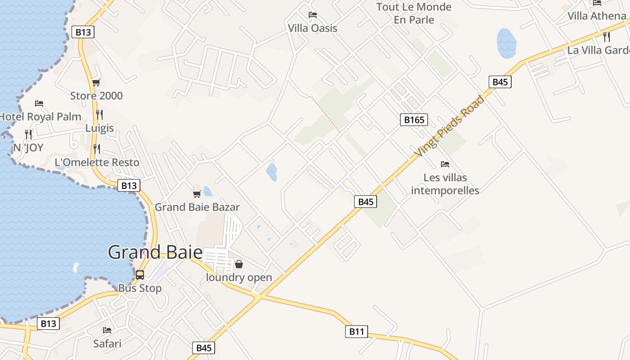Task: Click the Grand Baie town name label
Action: [155, 252]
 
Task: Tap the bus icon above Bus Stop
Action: [140, 274]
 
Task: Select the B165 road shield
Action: [414, 120]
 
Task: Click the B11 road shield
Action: [356, 332]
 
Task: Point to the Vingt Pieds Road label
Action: [450, 126]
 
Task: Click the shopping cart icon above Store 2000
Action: [96, 82]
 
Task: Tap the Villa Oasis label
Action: [312, 28]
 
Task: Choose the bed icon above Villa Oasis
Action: [312, 15]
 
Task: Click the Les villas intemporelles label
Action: [445, 184]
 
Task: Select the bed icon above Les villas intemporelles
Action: [445, 164]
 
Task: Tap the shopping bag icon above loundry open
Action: [239, 264]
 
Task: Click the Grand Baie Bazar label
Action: [197, 207]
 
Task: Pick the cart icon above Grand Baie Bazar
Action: [197, 194]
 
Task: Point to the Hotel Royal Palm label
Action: [40, 117]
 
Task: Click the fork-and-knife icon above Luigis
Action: [99, 115]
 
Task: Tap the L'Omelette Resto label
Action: [97, 162]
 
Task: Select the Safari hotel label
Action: [107, 344]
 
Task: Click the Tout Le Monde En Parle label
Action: [414, 13]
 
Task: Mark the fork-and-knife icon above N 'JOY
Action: [28, 134]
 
